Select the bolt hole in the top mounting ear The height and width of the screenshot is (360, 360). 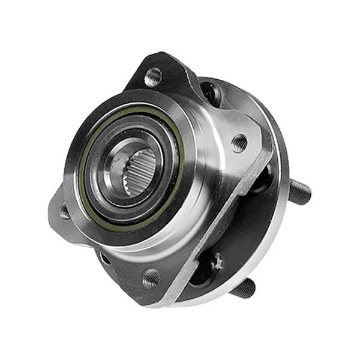pyautogui.click(x=153, y=77)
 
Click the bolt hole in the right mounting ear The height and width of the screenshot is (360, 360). pyautogui.click(x=239, y=143)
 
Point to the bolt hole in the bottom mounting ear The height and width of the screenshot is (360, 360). pyautogui.click(x=151, y=278)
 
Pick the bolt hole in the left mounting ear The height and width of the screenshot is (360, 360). pyautogui.click(x=65, y=211)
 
